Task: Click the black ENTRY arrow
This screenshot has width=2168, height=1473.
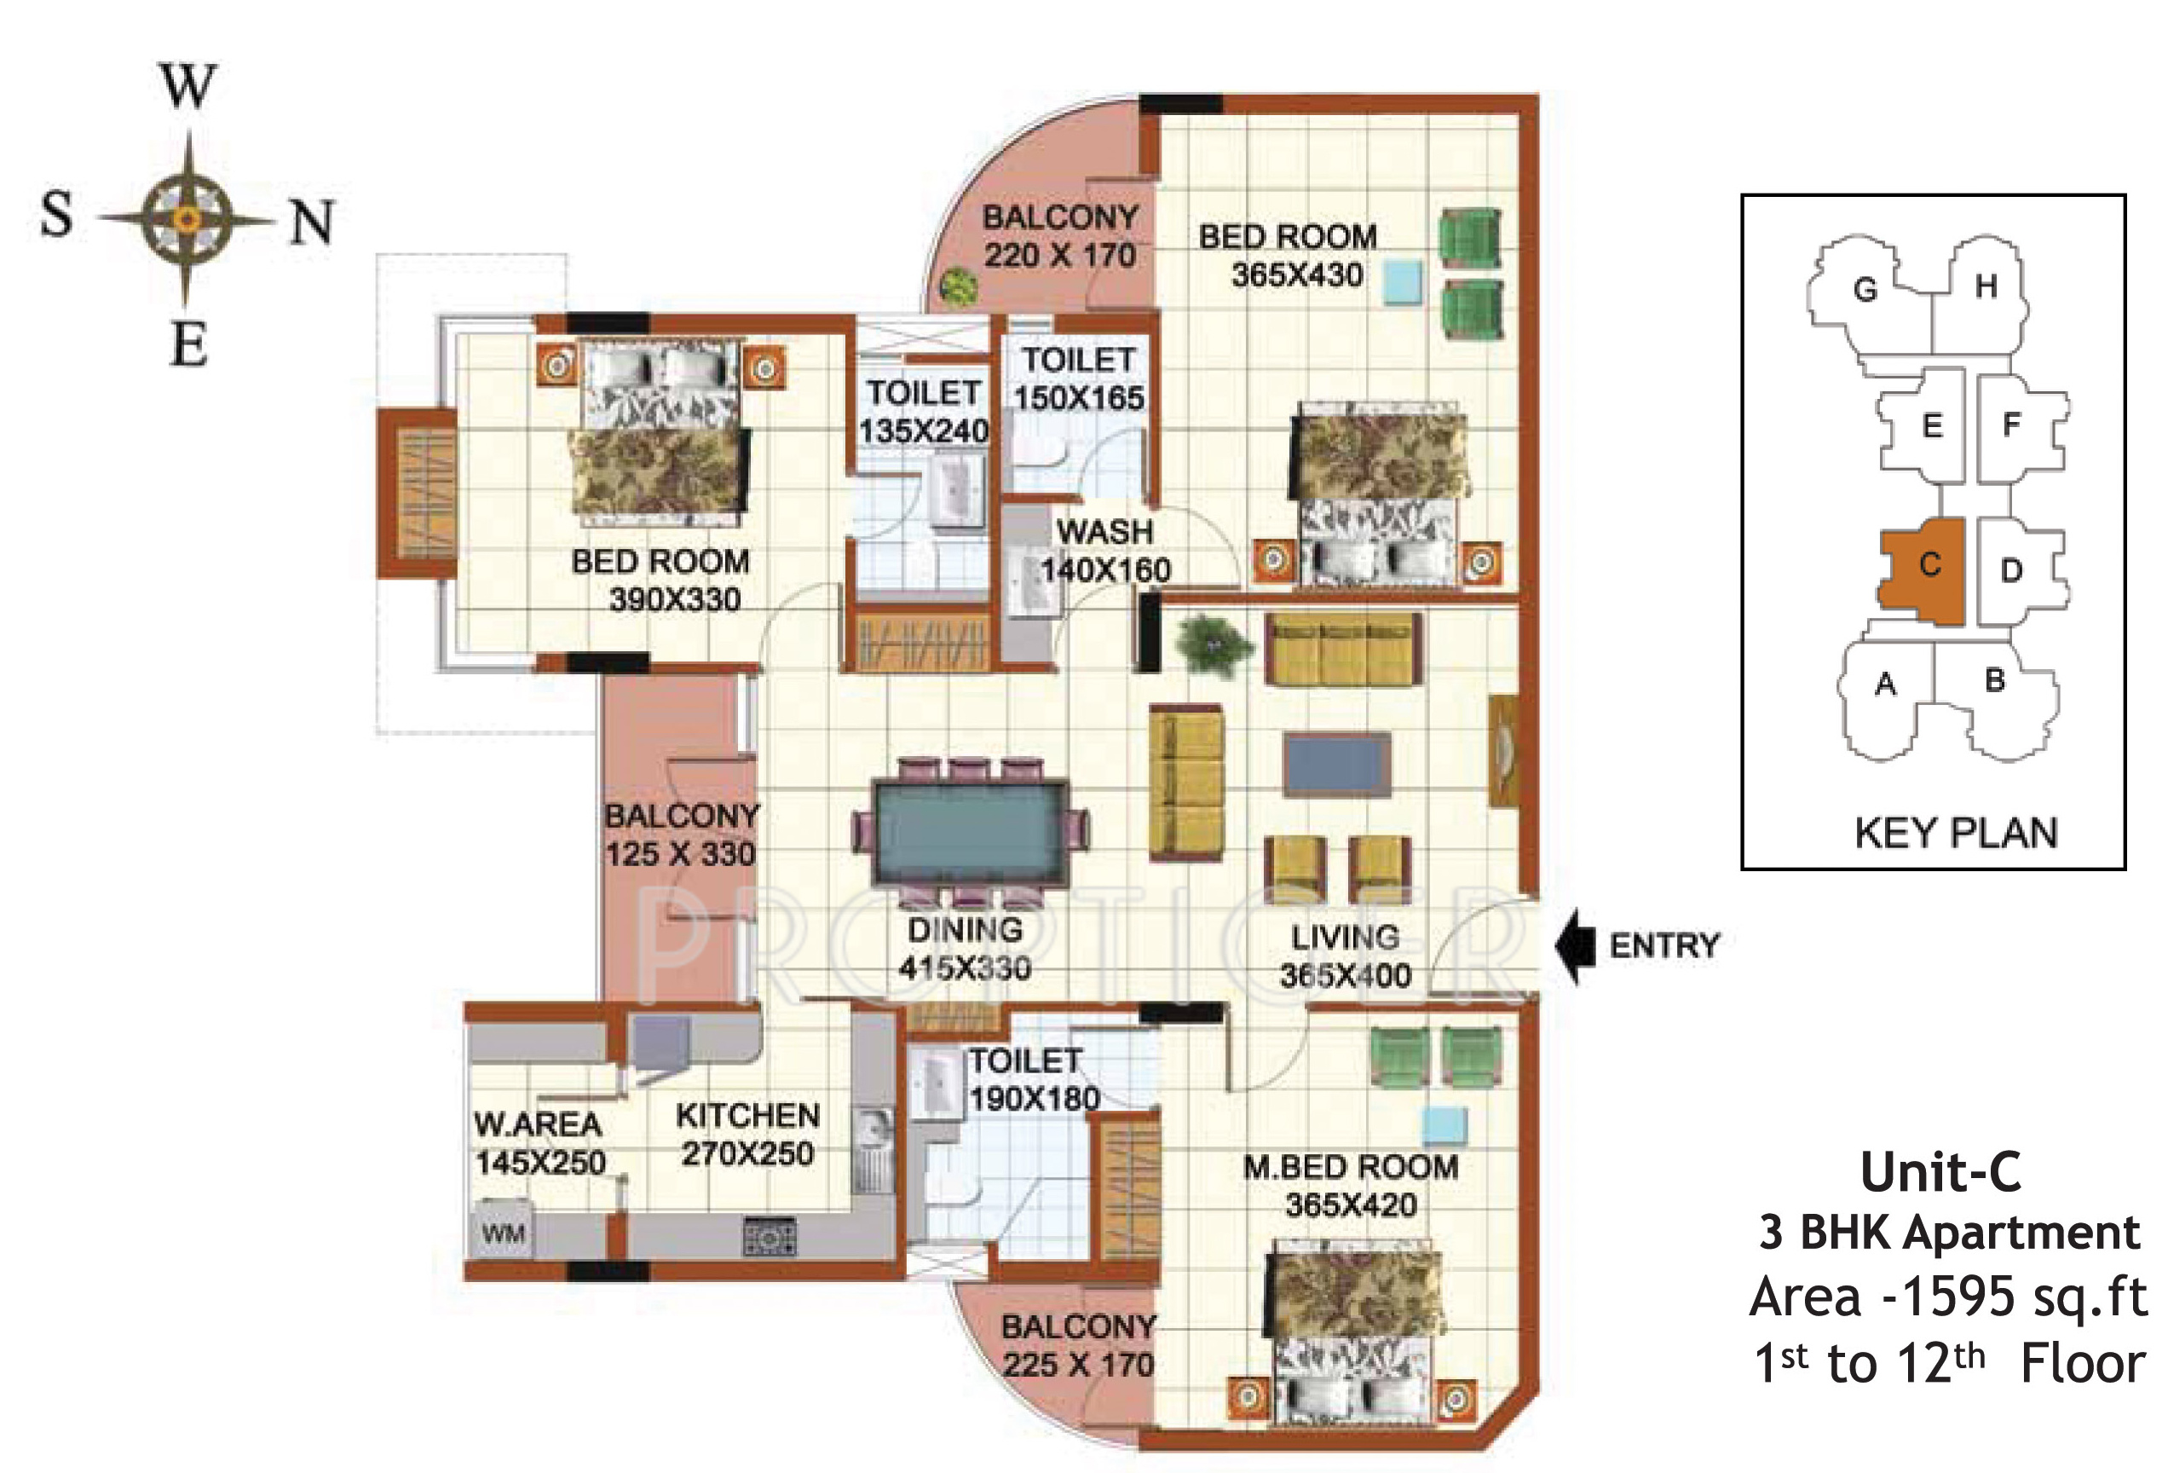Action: (1576, 946)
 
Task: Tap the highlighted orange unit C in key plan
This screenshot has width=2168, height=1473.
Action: (1923, 572)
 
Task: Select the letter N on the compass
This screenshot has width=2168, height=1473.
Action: (312, 223)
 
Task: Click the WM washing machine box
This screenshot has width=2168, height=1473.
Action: (503, 1233)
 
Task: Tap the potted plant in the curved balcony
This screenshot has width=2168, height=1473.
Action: (957, 285)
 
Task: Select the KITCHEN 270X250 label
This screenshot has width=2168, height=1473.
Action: (747, 1135)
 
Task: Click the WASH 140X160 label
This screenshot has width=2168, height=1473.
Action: (1105, 551)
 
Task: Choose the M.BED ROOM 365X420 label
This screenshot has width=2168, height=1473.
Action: (1351, 1186)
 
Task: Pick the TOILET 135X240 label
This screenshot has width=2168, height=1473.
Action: (924, 412)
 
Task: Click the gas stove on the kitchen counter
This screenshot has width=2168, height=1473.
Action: (770, 1237)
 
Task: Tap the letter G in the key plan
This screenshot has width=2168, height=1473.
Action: (1865, 289)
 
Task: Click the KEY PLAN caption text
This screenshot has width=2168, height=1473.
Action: (1955, 833)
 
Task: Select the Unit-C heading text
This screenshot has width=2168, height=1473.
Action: (1941, 1172)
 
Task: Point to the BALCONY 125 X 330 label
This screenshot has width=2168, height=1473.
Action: (682, 834)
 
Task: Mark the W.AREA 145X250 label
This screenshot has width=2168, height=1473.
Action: (539, 1144)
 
